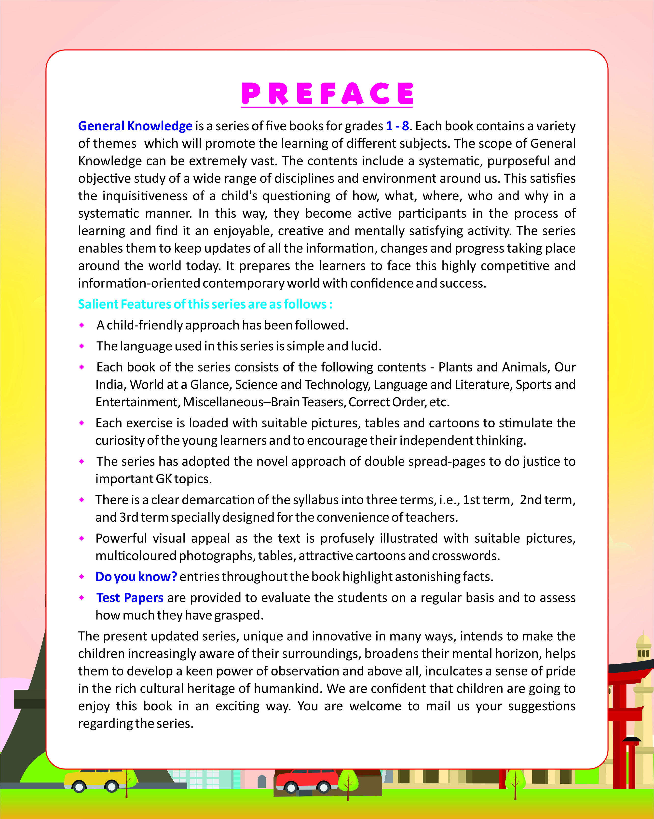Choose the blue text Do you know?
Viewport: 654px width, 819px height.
[x=136, y=577]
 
